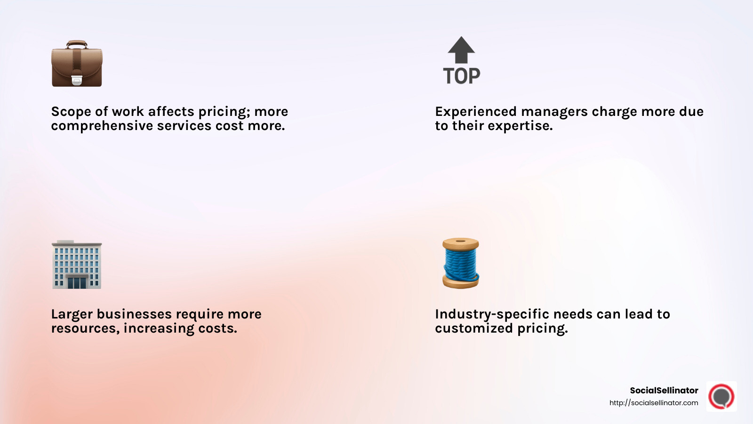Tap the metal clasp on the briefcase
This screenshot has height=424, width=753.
pyautogui.click(x=77, y=81)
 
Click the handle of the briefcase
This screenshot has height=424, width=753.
pyautogui.click(x=77, y=44)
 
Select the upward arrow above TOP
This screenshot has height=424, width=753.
pyautogui.click(x=461, y=49)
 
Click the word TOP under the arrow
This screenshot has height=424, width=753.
pyautogui.click(x=461, y=76)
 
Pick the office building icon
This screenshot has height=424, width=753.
pyautogui.click(x=77, y=265)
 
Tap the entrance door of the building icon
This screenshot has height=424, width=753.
pyautogui.click(x=77, y=282)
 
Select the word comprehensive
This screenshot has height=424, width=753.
pyautogui.click(x=102, y=126)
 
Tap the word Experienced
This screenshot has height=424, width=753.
pyautogui.click(x=476, y=112)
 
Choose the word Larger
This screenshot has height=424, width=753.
pyautogui.click(x=72, y=314)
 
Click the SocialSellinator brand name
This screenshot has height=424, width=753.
pyautogui.click(x=664, y=391)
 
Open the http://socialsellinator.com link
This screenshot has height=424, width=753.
pyautogui.click(x=654, y=403)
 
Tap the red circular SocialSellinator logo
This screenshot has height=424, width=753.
pyautogui.click(x=721, y=396)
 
